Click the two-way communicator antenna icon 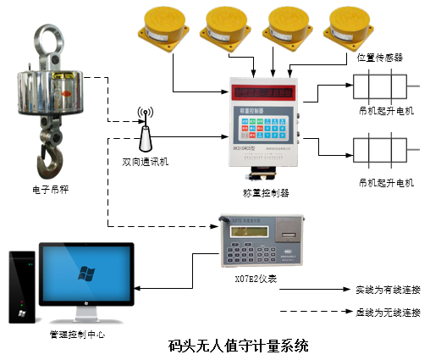coord(145,126)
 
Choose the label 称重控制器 coord(266,192)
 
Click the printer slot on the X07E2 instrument coord(288,232)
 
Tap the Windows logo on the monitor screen coord(85,272)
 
